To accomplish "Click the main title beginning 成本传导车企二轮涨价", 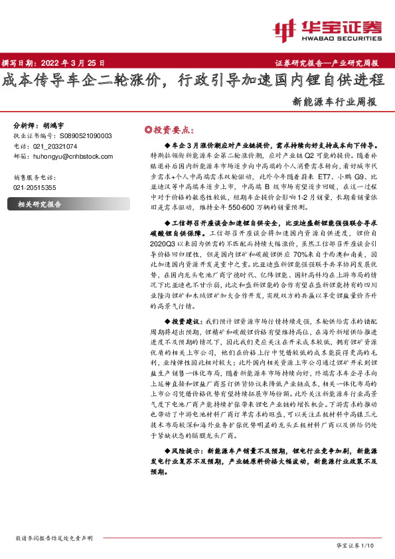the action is tap(193, 80).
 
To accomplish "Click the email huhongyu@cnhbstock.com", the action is tap(73, 156).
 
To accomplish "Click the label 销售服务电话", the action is tap(37, 177).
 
